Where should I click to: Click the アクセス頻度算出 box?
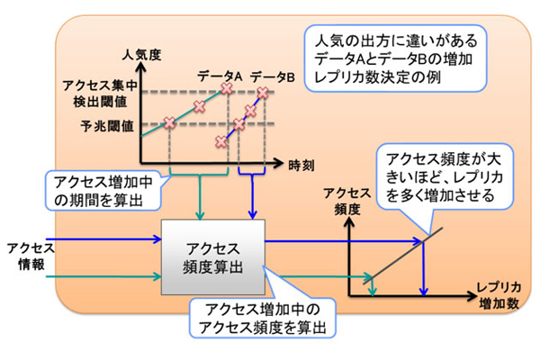212,255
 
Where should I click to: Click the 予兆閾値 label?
107,125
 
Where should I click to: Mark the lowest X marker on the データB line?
221,141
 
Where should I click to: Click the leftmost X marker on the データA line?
168,124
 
